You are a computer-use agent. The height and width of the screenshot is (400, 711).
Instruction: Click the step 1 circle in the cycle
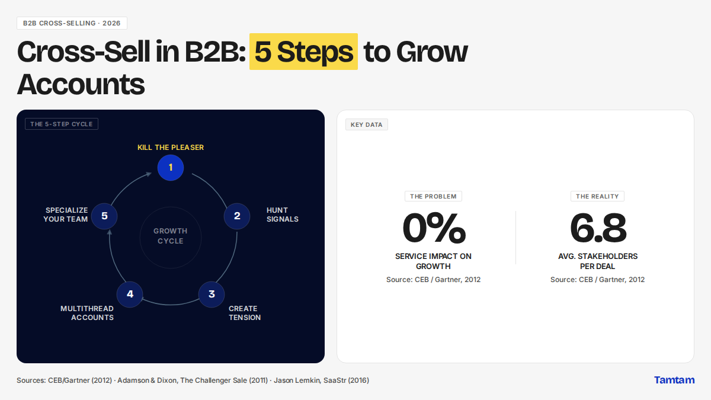tap(171, 168)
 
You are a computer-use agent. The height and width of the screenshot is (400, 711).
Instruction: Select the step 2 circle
tap(237, 216)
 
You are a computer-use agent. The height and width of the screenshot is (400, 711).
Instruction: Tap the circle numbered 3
tap(212, 295)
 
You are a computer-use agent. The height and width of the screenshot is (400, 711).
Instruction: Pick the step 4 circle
tap(130, 295)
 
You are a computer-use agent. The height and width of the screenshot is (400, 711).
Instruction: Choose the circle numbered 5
tap(104, 216)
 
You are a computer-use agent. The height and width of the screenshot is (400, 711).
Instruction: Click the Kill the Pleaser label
tap(171, 148)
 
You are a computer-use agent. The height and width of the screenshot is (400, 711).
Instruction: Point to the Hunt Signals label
tap(282, 215)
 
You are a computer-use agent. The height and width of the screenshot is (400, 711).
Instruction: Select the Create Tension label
tap(244, 313)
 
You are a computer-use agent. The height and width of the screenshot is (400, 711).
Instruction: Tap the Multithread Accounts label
tap(87, 313)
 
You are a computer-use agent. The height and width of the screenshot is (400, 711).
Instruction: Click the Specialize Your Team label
tap(66, 215)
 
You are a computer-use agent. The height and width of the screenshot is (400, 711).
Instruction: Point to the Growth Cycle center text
tap(171, 236)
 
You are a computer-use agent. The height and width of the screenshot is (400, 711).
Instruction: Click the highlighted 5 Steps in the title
tap(303, 52)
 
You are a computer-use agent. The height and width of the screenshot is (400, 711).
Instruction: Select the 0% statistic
tap(434, 228)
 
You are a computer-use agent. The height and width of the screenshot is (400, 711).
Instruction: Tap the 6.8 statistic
tap(598, 228)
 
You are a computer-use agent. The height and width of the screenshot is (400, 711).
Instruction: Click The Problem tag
tap(433, 196)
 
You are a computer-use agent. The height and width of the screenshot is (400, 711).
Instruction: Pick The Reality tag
tap(597, 196)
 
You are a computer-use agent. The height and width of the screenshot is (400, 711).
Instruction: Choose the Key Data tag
tap(367, 124)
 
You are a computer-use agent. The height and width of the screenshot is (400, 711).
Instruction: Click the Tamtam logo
tap(674, 380)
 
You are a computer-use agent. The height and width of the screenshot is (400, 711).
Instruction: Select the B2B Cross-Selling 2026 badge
tap(72, 23)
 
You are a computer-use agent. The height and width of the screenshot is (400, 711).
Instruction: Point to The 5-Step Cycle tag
tap(62, 124)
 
